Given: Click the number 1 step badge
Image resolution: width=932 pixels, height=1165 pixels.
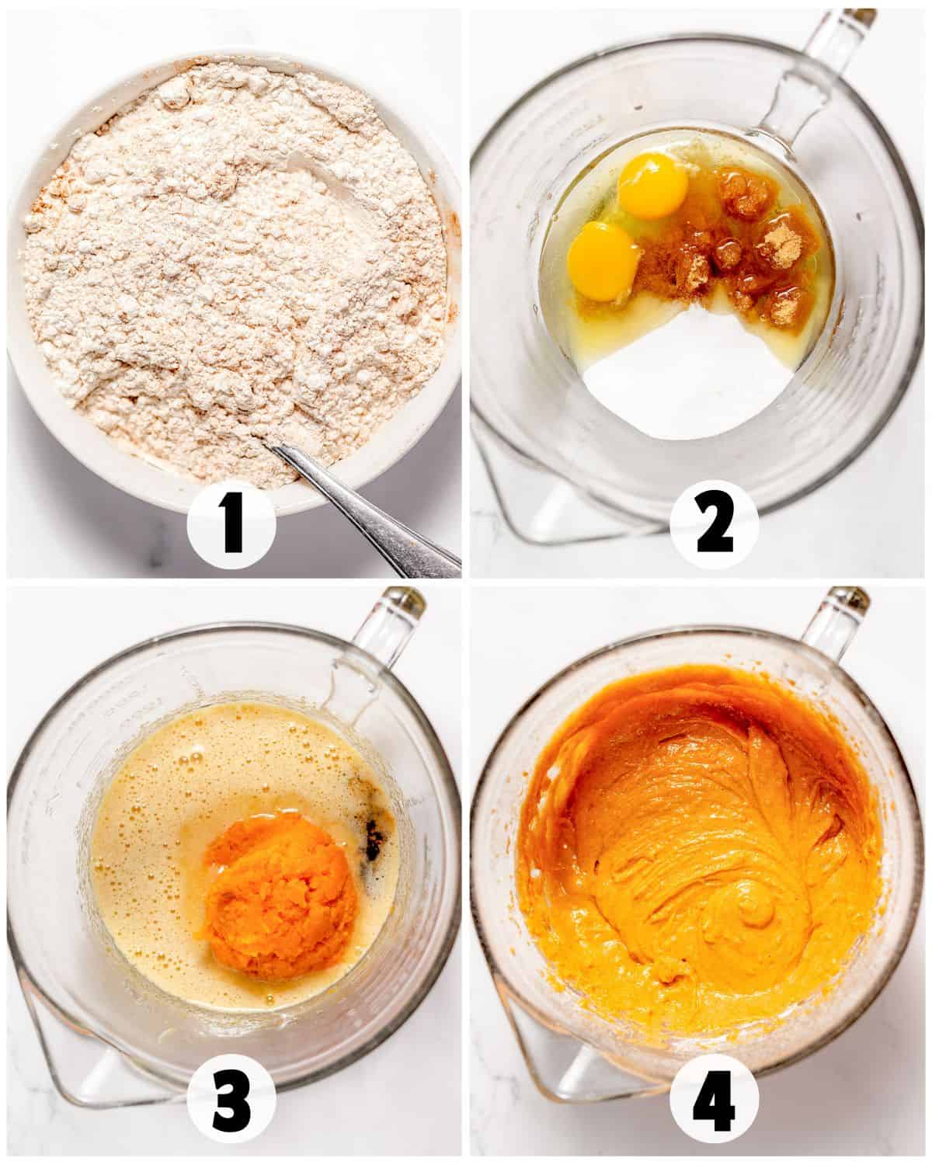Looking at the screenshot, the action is [x=231, y=523].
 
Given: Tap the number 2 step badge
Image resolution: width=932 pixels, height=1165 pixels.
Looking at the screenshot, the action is [x=714, y=523].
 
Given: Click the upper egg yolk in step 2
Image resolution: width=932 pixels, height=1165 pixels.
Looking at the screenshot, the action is [x=652, y=185].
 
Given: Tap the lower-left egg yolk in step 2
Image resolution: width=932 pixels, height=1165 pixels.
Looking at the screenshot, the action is [x=603, y=260].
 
